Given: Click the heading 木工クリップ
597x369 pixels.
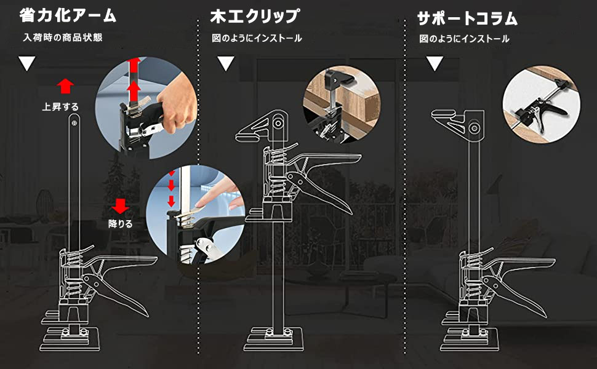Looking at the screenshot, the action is [254, 16].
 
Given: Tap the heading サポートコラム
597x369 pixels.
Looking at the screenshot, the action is [467, 18].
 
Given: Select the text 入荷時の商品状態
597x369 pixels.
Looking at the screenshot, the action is [62, 38].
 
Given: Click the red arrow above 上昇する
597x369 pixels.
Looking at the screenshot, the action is [65, 85].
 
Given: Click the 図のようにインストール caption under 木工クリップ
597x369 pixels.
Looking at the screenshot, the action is [257, 38].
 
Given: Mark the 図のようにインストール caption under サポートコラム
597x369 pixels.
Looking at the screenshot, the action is [465, 38].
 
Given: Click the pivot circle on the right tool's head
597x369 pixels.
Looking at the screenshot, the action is [475, 129].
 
